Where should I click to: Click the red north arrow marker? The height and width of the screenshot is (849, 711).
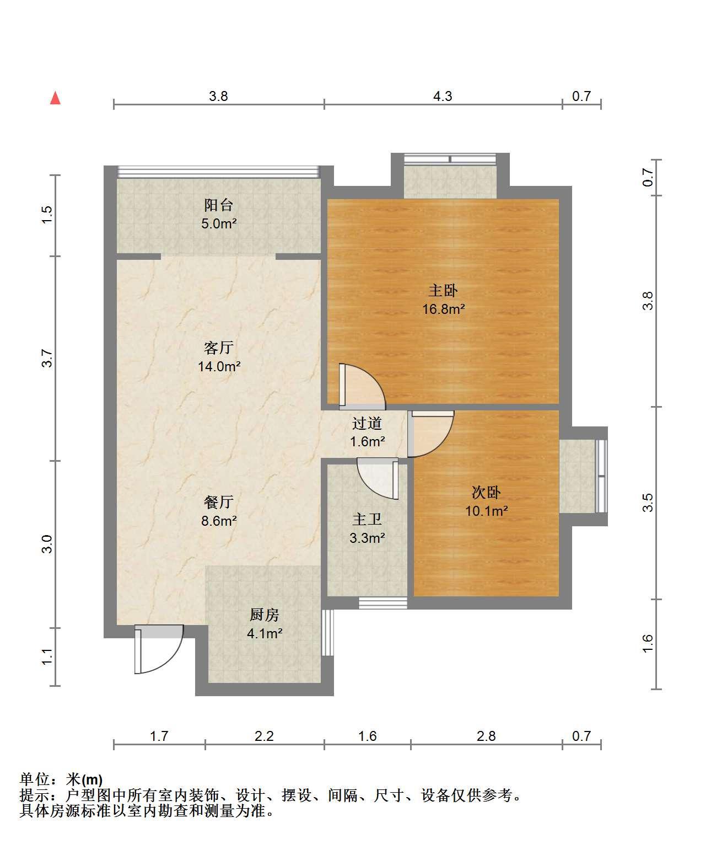pos(55,98)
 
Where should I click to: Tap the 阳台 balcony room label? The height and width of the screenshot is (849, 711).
pos(219,205)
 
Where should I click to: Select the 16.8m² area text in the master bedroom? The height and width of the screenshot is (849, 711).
pos(443,309)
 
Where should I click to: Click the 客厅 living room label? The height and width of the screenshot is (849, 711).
pos(219,348)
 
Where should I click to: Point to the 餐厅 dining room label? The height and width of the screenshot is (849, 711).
pos(219,502)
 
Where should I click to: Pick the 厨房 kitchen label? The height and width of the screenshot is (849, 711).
pos(265,615)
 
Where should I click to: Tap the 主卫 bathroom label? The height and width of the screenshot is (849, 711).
pos(367,519)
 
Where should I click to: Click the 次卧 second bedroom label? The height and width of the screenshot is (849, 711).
pos(486,493)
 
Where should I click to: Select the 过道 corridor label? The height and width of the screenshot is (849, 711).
pos(367,423)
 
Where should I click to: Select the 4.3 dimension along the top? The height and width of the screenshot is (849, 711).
pos(443,97)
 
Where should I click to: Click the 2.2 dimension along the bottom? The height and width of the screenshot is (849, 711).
pos(264,736)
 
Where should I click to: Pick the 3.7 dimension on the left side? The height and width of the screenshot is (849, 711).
pos(47,359)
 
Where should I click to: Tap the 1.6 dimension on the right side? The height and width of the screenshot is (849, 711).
pos(648,644)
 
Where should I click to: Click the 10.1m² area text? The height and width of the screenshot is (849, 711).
pos(486,511)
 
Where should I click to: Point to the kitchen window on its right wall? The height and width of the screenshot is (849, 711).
pos(327,632)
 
